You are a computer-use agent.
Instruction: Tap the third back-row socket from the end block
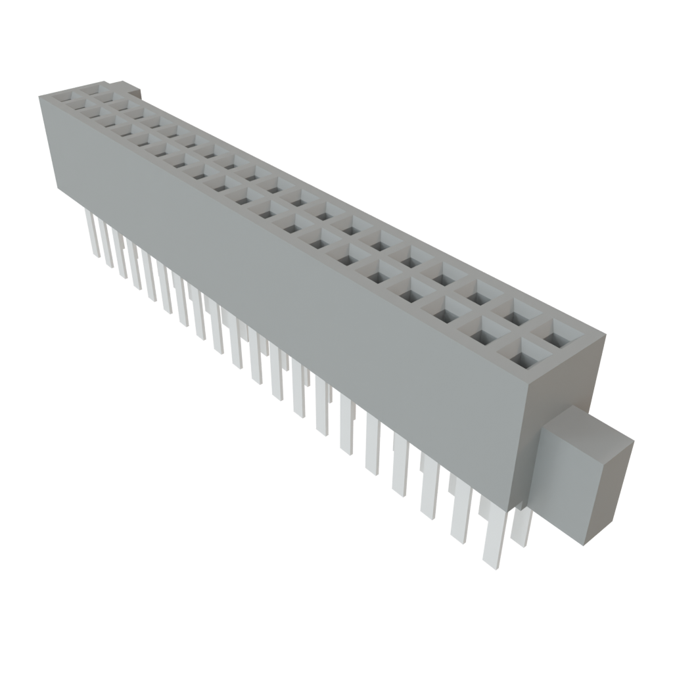(479, 290)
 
